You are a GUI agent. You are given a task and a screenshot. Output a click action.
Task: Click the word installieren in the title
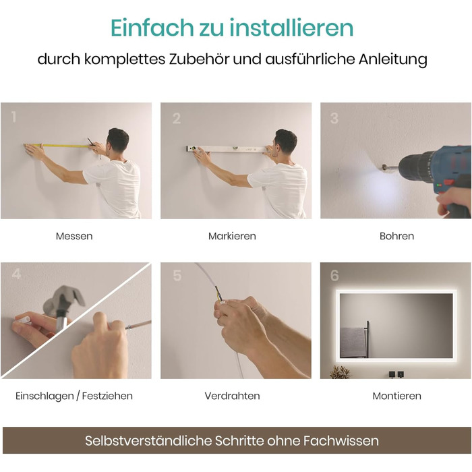point(291,28)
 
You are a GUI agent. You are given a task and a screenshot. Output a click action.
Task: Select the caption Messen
point(74,236)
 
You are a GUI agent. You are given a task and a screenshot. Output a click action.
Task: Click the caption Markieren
point(232,236)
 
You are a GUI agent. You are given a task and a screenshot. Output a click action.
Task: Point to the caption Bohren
point(396,236)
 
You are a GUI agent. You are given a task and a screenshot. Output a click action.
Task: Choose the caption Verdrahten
point(232,396)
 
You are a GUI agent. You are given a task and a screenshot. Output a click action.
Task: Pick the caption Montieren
point(396,396)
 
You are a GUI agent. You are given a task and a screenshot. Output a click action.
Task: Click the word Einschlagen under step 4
point(45,396)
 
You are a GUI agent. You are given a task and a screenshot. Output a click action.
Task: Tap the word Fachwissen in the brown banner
point(341,441)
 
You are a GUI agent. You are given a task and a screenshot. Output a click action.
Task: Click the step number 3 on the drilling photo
point(334,118)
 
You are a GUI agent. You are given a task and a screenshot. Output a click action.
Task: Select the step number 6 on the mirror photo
point(334,275)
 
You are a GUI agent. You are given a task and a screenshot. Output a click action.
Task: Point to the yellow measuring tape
point(57,146)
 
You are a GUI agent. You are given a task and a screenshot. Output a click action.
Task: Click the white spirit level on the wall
point(227,149)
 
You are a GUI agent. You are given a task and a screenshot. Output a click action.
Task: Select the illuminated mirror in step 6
point(396,326)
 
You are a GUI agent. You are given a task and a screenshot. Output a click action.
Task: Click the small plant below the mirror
point(341,372)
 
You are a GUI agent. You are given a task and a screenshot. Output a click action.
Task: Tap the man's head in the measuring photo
point(118,140)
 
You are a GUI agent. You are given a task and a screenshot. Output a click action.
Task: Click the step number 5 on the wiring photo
point(177,275)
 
